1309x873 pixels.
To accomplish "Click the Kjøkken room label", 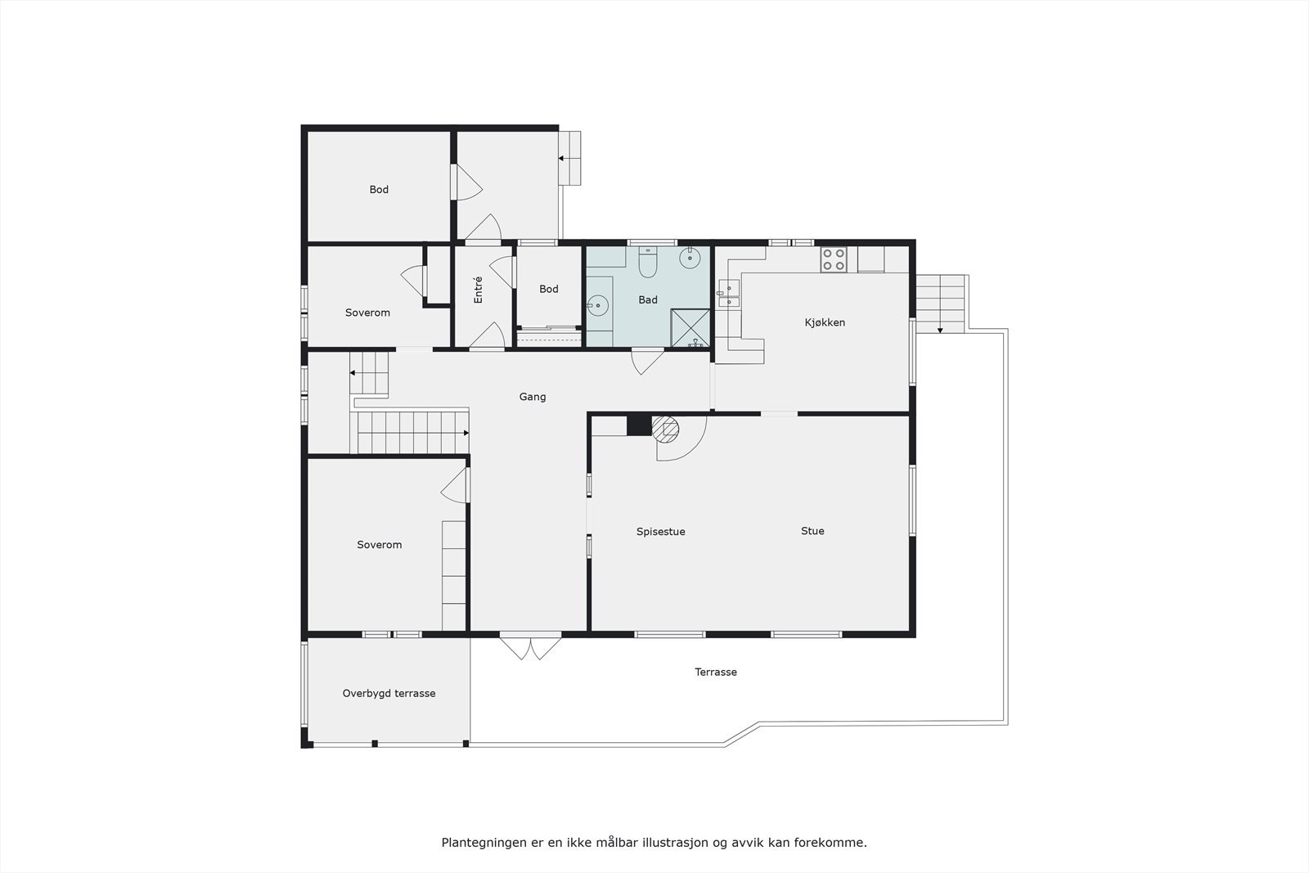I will click(825, 322).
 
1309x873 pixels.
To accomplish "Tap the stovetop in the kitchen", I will click(834, 260).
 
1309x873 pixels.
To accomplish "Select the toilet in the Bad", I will click(648, 263).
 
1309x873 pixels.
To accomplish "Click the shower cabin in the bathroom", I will click(690, 328).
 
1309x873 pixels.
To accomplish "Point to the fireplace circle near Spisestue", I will click(666, 427).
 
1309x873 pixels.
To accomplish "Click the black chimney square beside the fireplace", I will click(638, 425).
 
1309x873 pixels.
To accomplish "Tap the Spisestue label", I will click(660, 532).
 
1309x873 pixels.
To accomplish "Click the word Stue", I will click(812, 531).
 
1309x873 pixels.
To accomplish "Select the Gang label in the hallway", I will click(533, 397).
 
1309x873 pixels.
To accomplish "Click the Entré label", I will click(479, 290).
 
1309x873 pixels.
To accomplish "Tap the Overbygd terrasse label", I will click(389, 693).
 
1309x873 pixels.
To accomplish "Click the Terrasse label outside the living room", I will click(716, 672).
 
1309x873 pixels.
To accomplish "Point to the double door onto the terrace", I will click(531, 646).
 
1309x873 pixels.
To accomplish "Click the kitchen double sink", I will click(728, 294).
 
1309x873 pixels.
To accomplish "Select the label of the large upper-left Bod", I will click(379, 189).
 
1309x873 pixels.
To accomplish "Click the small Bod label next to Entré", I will click(549, 289).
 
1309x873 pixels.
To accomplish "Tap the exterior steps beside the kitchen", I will click(940, 304).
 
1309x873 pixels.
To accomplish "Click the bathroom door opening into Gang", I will click(646, 360).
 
